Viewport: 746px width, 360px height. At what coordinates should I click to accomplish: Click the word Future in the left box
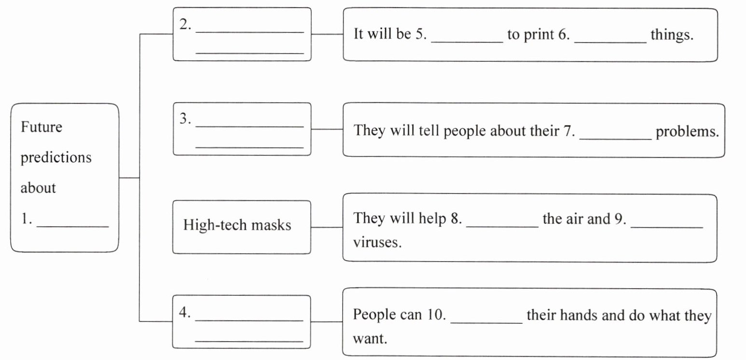coord(41,127)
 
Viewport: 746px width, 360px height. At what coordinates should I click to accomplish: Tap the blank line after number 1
coord(72,227)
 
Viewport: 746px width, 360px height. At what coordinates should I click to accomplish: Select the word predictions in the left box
coord(56,158)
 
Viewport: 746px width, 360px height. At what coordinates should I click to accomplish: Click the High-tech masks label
coord(237,225)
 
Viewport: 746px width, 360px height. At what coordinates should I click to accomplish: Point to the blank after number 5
coord(467,42)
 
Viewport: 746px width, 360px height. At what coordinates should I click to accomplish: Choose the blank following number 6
coord(610,42)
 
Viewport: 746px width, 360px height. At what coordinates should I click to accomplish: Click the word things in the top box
coord(672,35)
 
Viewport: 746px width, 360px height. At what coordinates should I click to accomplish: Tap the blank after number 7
coord(615,139)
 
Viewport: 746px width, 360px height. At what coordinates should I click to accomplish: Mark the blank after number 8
coord(502,227)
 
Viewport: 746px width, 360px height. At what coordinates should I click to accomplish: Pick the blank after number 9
coord(667,227)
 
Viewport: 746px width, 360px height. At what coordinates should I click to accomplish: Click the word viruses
coord(377,242)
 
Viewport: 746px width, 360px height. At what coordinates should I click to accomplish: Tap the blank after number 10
coord(486,323)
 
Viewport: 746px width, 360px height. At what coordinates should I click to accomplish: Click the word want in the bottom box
coord(370,339)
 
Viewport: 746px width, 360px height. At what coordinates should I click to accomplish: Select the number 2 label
coord(185,24)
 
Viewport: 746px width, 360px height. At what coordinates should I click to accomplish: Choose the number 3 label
coord(185,119)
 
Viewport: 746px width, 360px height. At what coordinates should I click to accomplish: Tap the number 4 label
coord(185,312)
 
